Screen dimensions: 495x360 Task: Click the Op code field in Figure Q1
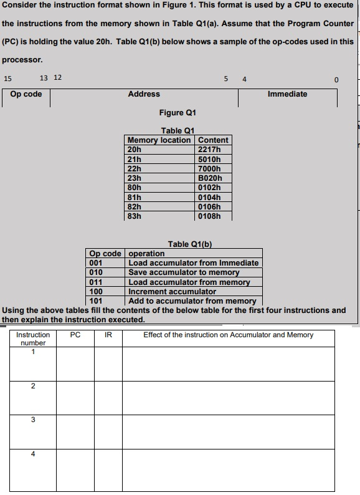[x=26, y=94]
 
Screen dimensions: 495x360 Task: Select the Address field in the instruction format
[x=144, y=94]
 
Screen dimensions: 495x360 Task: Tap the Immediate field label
[x=287, y=94]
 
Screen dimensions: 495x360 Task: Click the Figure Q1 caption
[x=178, y=113]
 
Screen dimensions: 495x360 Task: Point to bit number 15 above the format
[x=7, y=79]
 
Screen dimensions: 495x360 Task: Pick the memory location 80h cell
[x=135, y=187]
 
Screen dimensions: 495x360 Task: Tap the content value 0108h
[x=208, y=216]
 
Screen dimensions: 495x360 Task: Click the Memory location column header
[x=158, y=140]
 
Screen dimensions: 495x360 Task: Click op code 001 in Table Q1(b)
[x=96, y=263]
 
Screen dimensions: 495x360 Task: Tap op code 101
[x=96, y=300]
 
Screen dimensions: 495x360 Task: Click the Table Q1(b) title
[x=194, y=244]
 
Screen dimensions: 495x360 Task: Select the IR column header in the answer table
[x=108, y=335]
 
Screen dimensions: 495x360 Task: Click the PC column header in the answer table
[x=75, y=335]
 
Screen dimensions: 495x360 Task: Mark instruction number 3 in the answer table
[x=33, y=420]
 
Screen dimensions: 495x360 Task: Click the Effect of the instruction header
[x=228, y=335]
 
